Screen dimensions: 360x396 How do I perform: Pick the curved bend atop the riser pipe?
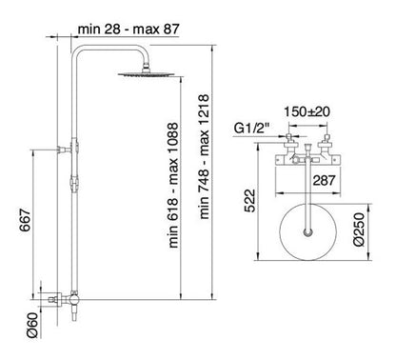[89, 56]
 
